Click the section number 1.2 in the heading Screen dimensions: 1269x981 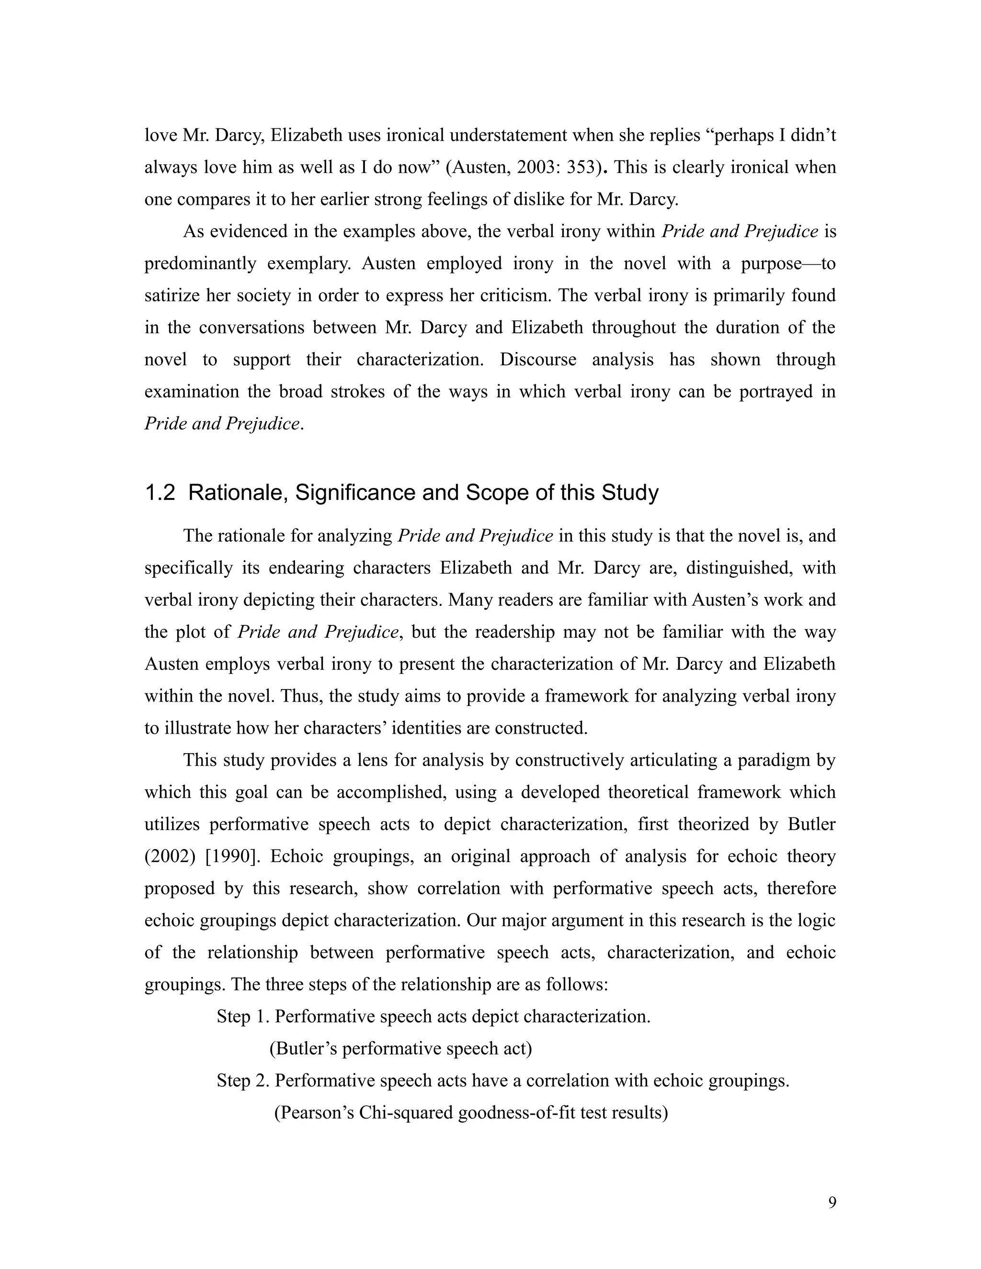[160, 493]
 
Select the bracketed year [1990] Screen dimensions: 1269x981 [232, 857]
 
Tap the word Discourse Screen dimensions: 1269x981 [537, 360]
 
